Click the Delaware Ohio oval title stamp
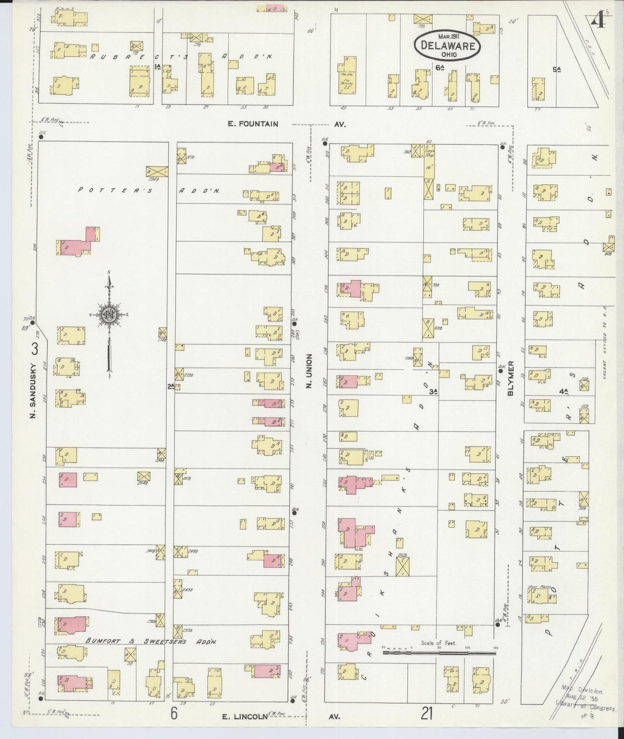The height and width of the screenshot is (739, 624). (x=447, y=45)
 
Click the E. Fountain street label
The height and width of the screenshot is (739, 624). (x=253, y=124)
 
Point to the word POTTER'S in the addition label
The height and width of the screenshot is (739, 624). (x=115, y=190)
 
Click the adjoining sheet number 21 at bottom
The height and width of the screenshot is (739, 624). (x=427, y=714)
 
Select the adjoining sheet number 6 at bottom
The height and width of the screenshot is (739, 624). (x=174, y=714)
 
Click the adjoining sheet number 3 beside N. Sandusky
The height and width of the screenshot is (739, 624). (x=35, y=348)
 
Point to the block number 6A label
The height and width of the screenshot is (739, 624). (x=440, y=68)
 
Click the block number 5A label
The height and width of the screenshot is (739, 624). (x=556, y=69)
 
